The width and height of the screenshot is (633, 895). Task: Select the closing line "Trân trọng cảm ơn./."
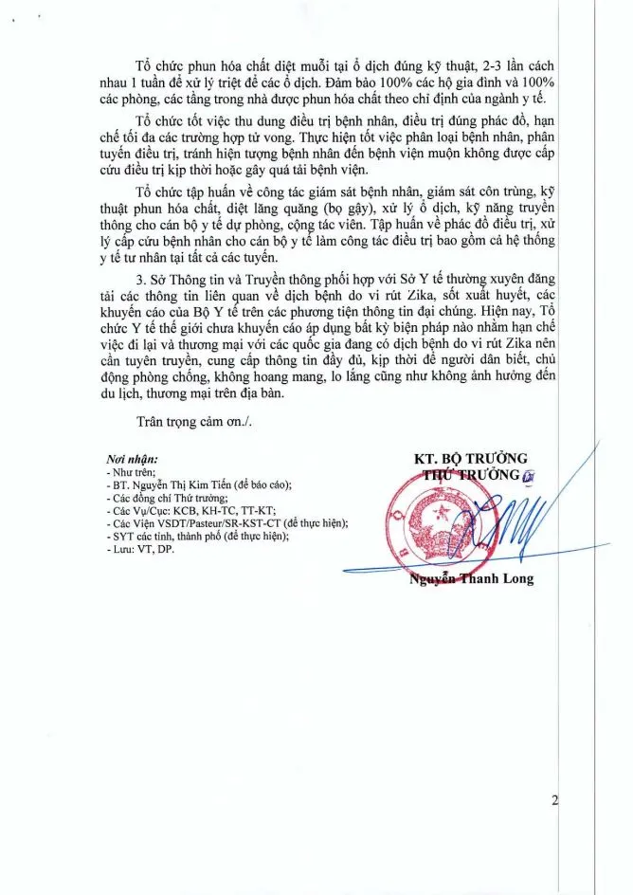tap(200, 421)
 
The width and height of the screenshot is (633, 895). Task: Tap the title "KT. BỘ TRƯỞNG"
tap(470, 458)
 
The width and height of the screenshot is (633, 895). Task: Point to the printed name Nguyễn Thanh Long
tap(471, 577)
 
